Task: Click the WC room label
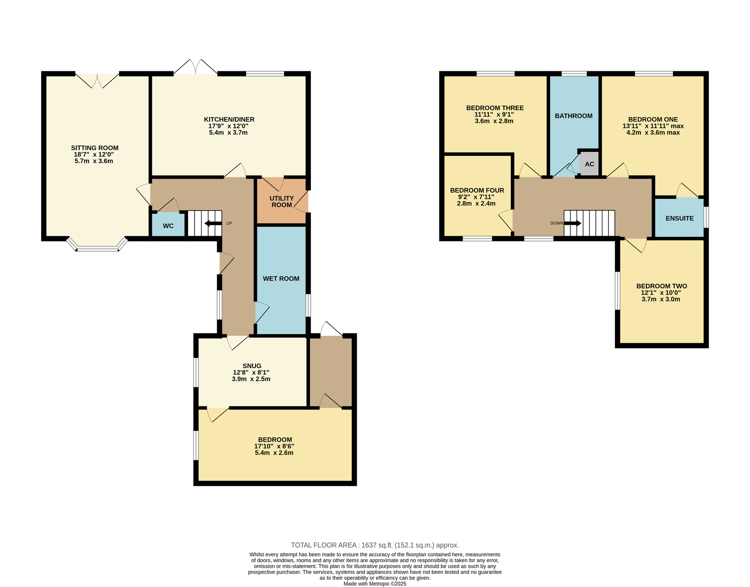point(168,226)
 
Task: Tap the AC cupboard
point(589,164)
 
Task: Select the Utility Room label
point(282,202)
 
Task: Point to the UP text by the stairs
point(229,223)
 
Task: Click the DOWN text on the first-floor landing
point(556,223)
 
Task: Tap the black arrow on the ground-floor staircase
point(213,223)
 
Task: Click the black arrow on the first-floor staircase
point(573,223)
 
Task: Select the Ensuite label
point(680,218)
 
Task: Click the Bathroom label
point(574,116)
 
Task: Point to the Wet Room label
point(281,278)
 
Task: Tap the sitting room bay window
point(97,244)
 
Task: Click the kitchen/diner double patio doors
point(195,67)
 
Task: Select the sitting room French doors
point(97,80)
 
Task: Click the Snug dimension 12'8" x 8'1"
point(251,372)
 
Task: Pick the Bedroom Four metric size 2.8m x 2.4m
point(476,203)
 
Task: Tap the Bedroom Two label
point(662,286)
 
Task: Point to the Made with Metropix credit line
point(375,584)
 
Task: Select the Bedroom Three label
point(495,108)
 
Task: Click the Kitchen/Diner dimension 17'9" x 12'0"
point(228,126)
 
